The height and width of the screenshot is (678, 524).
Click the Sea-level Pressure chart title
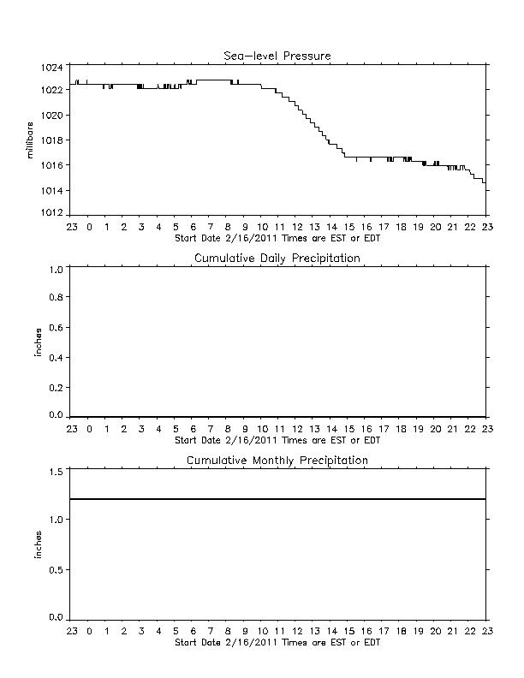pyautogui.click(x=277, y=56)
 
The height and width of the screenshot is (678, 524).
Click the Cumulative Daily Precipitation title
pyautogui.click(x=277, y=259)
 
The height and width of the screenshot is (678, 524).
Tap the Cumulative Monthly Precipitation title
pyautogui.click(x=277, y=460)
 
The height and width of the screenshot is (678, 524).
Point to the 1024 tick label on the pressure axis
pyautogui.click(x=52, y=68)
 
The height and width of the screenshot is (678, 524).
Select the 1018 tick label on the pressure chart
pyautogui.click(x=52, y=140)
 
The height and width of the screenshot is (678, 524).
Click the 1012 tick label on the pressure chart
pyautogui.click(x=52, y=213)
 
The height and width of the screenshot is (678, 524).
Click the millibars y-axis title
pyautogui.click(x=29, y=140)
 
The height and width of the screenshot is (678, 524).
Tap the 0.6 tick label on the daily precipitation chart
pyautogui.click(x=56, y=327)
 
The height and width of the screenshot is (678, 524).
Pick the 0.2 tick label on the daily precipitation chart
pyautogui.click(x=56, y=388)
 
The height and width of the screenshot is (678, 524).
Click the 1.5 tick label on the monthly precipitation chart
pyautogui.click(x=56, y=472)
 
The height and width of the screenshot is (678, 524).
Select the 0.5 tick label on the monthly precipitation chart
pyautogui.click(x=56, y=570)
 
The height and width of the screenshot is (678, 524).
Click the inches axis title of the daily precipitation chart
pyautogui.click(x=38, y=342)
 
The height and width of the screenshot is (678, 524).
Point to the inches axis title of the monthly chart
pyautogui.click(x=38, y=544)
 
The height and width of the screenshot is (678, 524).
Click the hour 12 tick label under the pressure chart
pyautogui.click(x=297, y=227)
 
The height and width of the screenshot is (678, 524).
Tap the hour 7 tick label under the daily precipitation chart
pyautogui.click(x=210, y=429)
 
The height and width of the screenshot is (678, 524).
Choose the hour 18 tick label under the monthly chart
pyautogui.click(x=401, y=631)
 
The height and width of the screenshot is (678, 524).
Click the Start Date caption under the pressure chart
pyautogui.click(x=277, y=238)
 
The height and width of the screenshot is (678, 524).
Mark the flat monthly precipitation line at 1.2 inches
pyautogui.click(x=277, y=499)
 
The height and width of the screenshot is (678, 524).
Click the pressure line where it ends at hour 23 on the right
pyautogui.click(x=485, y=183)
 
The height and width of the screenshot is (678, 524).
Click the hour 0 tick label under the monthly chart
pyautogui.click(x=89, y=631)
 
